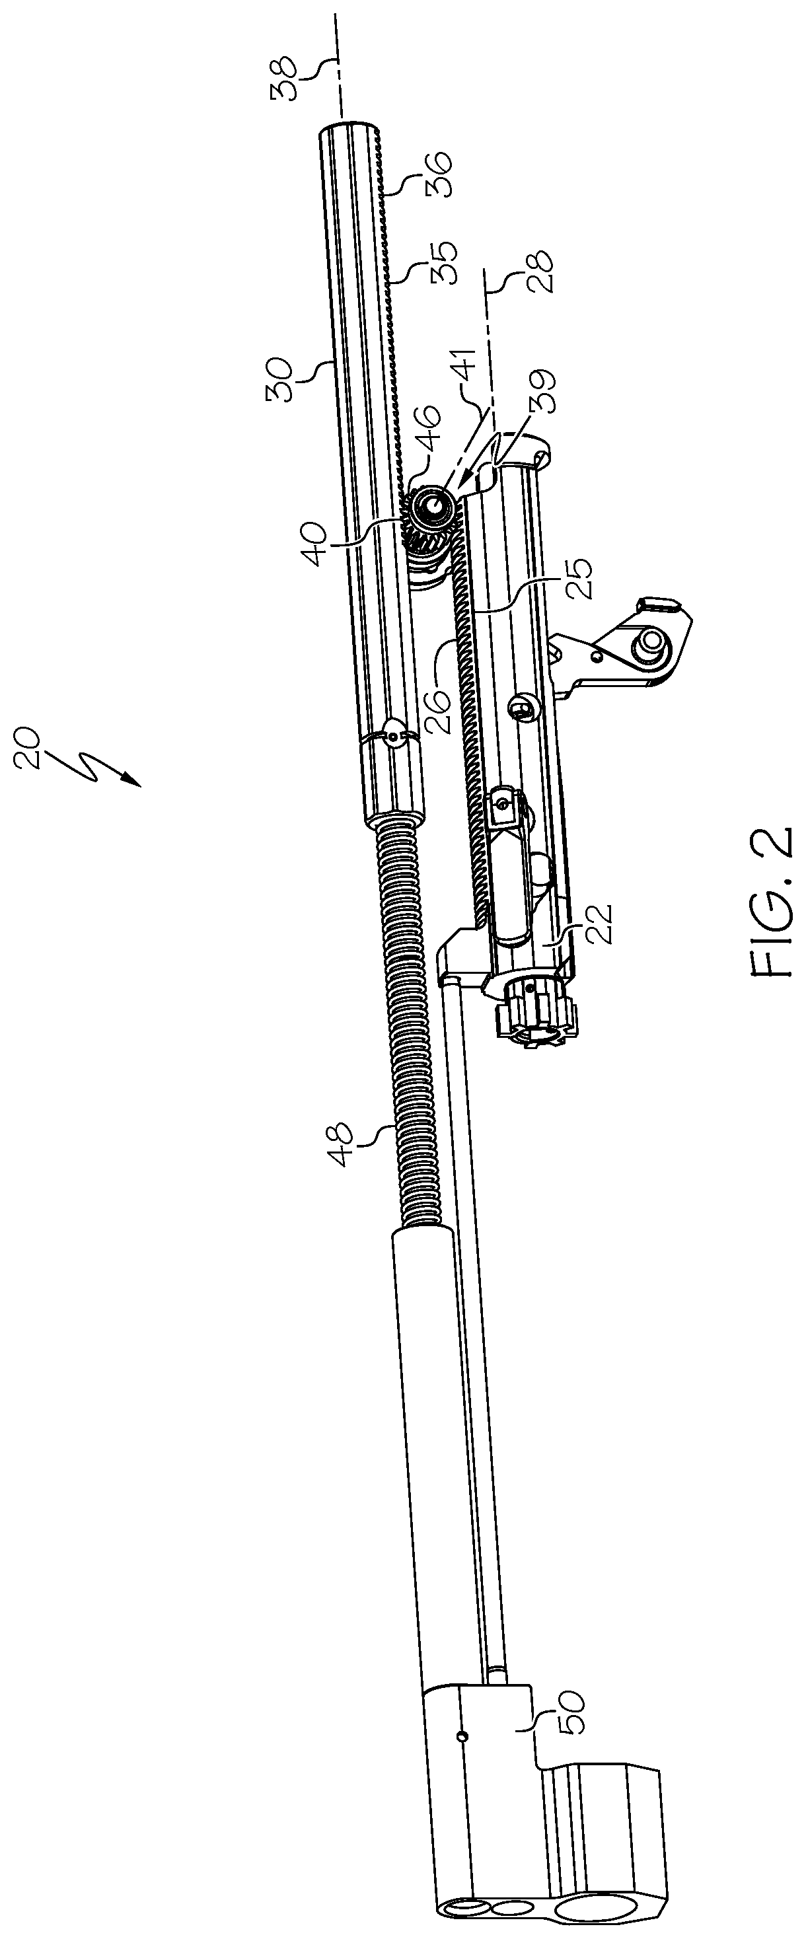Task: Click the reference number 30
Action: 285,380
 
